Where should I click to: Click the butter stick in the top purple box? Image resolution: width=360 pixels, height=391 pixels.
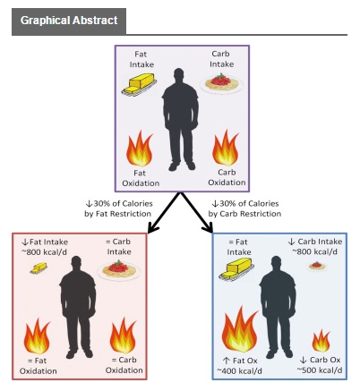click(x=141, y=85)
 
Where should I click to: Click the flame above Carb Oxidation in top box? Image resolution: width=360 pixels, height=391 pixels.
click(x=225, y=146)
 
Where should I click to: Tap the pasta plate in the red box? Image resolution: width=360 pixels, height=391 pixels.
click(x=116, y=268)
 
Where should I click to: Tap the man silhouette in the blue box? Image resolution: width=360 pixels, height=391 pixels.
click(x=279, y=309)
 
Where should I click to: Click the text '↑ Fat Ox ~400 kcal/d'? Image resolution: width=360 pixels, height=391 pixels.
click(x=238, y=365)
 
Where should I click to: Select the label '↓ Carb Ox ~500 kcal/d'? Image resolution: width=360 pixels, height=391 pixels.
click(x=319, y=365)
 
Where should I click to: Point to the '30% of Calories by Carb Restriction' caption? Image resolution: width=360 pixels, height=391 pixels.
click(x=246, y=208)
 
